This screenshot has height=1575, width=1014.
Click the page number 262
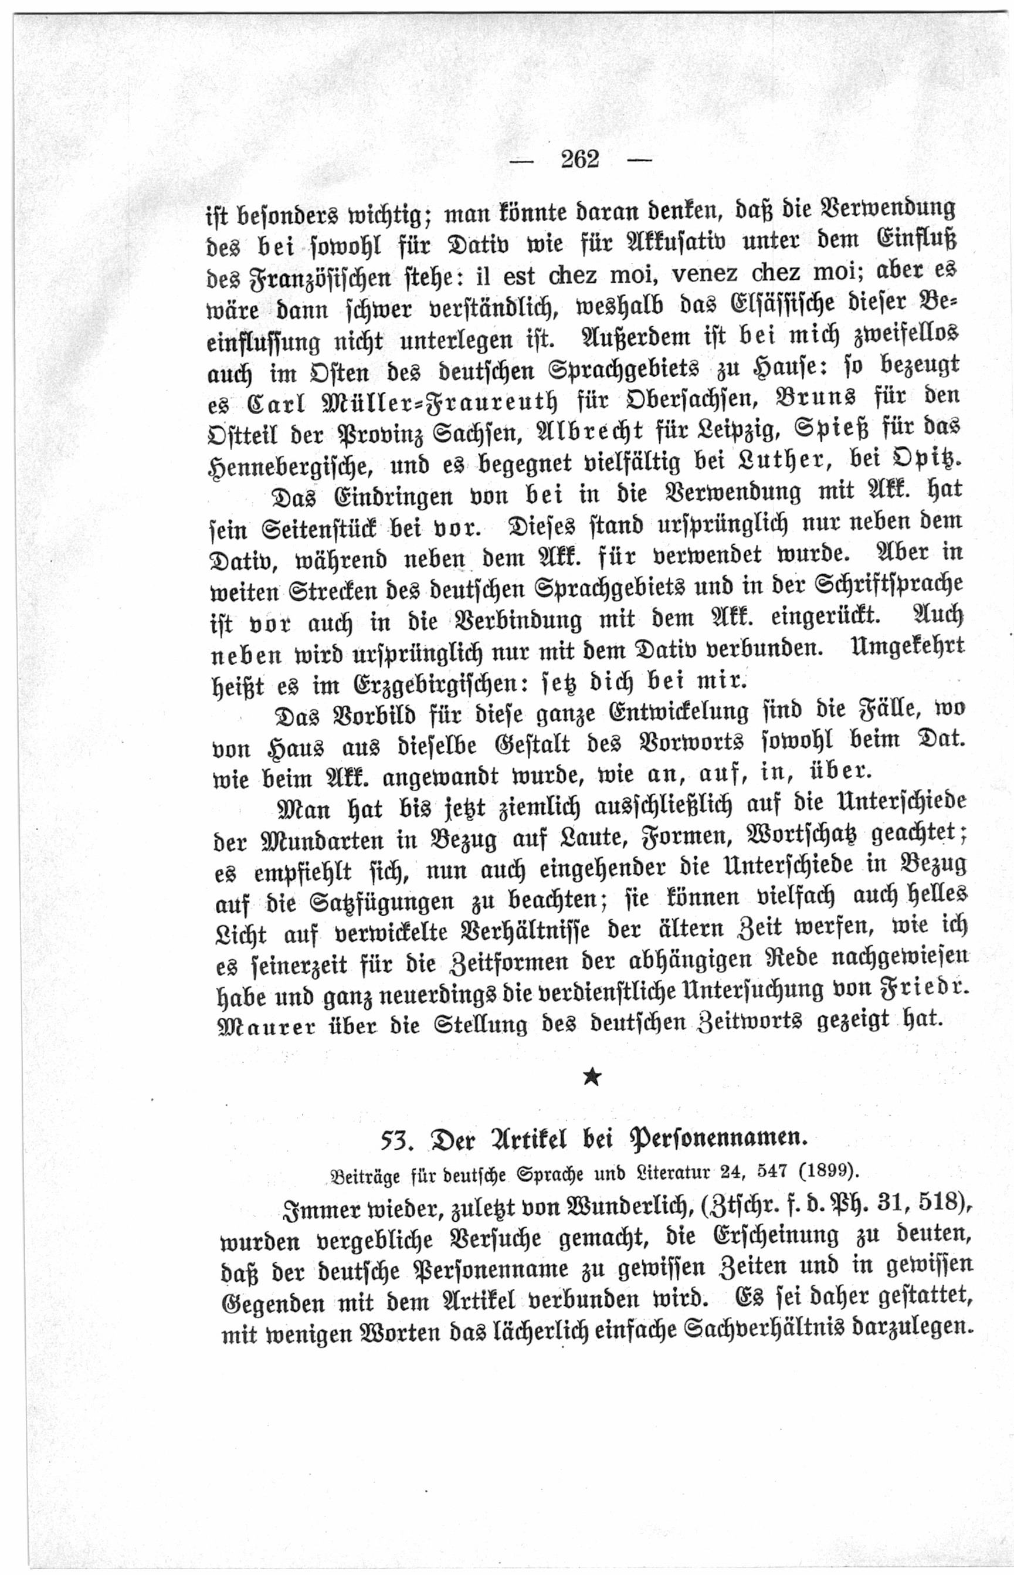(x=579, y=160)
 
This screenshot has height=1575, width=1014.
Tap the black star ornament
(x=592, y=1076)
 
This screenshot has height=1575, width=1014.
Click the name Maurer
(x=267, y=1027)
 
